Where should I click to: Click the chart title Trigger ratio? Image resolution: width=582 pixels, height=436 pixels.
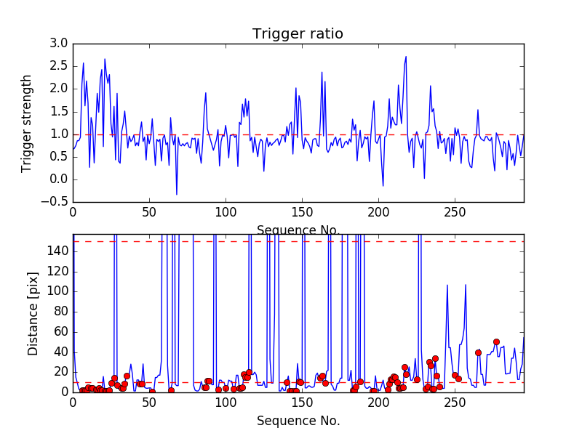point(298,33)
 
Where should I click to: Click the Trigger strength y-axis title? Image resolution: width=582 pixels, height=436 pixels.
point(27,123)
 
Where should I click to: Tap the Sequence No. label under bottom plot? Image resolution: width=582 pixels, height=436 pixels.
point(298,421)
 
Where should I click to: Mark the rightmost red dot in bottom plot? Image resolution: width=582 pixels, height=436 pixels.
point(496,342)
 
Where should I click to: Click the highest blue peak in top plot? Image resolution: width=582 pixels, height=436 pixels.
point(406,57)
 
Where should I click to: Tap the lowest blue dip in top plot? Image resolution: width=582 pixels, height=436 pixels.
point(177,194)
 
